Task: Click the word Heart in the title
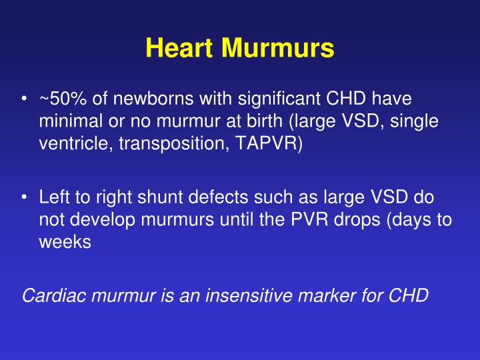[x=179, y=47]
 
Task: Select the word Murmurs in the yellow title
[x=277, y=47]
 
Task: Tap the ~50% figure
[x=63, y=99]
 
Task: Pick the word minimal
[x=71, y=121]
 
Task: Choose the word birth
[x=265, y=121]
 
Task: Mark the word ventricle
[x=76, y=143]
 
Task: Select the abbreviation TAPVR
[x=266, y=143]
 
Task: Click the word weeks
[x=65, y=241]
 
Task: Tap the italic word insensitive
[x=249, y=295]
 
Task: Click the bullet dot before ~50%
[x=24, y=99]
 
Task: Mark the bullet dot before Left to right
[x=24, y=197]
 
